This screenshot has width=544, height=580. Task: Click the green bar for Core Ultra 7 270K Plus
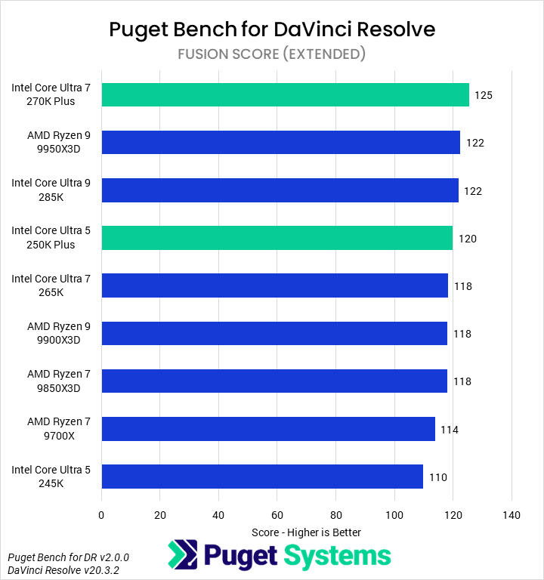pos(285,94)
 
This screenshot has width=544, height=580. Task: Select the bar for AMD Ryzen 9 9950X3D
pos(280,142)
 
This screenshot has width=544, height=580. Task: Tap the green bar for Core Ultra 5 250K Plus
pos(277,237)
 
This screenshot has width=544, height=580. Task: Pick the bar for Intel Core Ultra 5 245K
pos(261,476)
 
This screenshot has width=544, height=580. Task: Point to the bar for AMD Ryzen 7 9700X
pos(267,428)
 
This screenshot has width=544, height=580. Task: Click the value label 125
pos(484,96)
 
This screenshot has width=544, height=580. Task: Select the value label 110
pos(437,477)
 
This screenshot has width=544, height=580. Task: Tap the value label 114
pos(450,430)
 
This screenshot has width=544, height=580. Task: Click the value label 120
pos(467,239)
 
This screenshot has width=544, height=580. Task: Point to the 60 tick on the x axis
pos(277,515)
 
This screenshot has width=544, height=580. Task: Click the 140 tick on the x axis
pos(512,515)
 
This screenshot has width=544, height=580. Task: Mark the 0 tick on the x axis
pos(101,515)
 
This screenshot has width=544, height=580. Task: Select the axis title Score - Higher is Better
pos(306,532)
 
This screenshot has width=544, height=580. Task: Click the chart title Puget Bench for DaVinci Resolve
pos(272,29)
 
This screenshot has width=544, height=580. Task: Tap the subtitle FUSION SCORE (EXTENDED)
pos(272,54)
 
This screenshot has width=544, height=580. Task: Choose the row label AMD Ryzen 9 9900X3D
pos(59,333)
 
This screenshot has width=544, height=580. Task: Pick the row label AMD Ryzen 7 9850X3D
pos(59,381)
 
